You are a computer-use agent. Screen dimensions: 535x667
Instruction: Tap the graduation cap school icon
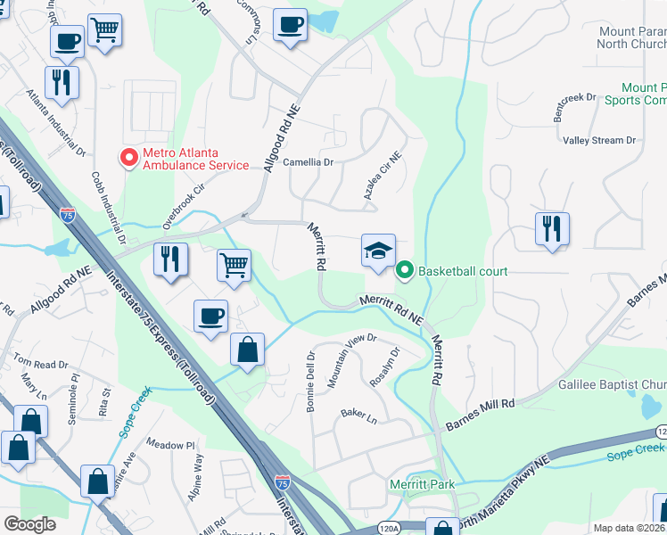pyautogui.click(x=378, y=251)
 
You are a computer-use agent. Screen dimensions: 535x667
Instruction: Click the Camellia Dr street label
pyautogui.click(x=308, y=163)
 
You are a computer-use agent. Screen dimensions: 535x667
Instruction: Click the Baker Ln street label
pyautogui.click(x=358, y=416)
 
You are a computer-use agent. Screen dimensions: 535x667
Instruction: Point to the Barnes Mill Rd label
pyautogui.click(x=481, y=404)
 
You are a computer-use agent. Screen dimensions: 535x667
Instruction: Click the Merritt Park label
pyautogui.click(x=423, y=485)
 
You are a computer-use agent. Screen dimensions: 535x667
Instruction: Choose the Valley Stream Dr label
pyautogui.click(x=598, y=141)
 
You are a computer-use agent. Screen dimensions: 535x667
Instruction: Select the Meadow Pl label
pyautogui.click(x=170, y=444)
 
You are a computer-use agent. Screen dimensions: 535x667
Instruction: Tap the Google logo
pyautogui.click(x=29, y=524)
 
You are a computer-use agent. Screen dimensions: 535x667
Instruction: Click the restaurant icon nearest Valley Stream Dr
pyautogui.click(x=553, y=229)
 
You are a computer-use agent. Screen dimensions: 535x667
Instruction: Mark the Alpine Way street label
pyautogui.click(x=198, y=477)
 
